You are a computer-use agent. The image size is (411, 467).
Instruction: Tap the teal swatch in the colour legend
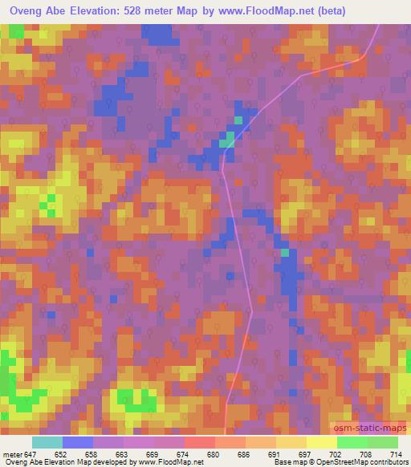(x=47, y=442)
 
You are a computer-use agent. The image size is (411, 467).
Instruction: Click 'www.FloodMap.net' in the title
(x=284, y=11)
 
